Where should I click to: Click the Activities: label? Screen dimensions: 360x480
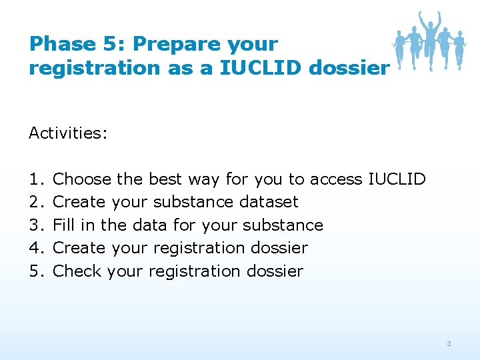point(68,133)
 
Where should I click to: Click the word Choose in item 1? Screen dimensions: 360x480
point(82,179)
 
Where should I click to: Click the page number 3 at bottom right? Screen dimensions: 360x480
point(449,343)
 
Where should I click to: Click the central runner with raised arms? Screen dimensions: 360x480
point(430,37)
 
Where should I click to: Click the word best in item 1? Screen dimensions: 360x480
point(166,179)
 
